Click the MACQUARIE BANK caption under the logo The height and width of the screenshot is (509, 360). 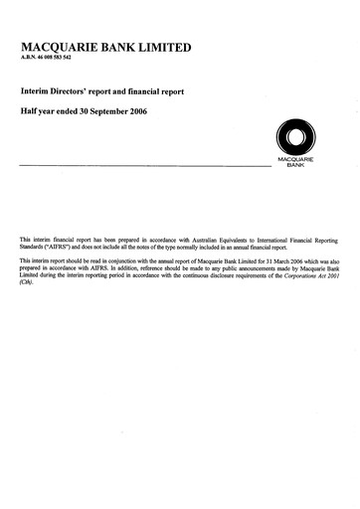tap(295, 163)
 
